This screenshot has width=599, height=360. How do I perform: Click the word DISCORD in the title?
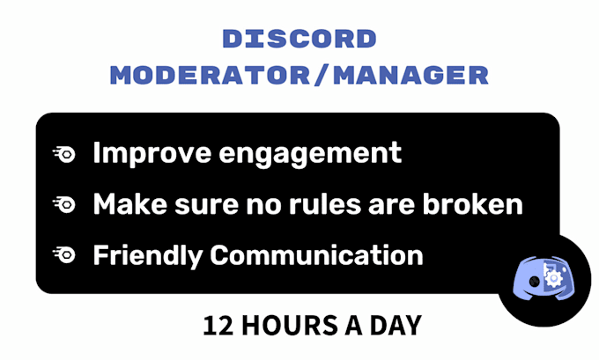pos(299,40)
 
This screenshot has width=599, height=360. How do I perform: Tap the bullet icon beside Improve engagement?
pos(64,152)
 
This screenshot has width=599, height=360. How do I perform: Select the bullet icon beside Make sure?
pos(64,204)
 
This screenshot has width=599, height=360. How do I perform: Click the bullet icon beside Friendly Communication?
pos(64,254)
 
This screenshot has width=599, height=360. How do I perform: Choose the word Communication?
pos(317,254)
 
